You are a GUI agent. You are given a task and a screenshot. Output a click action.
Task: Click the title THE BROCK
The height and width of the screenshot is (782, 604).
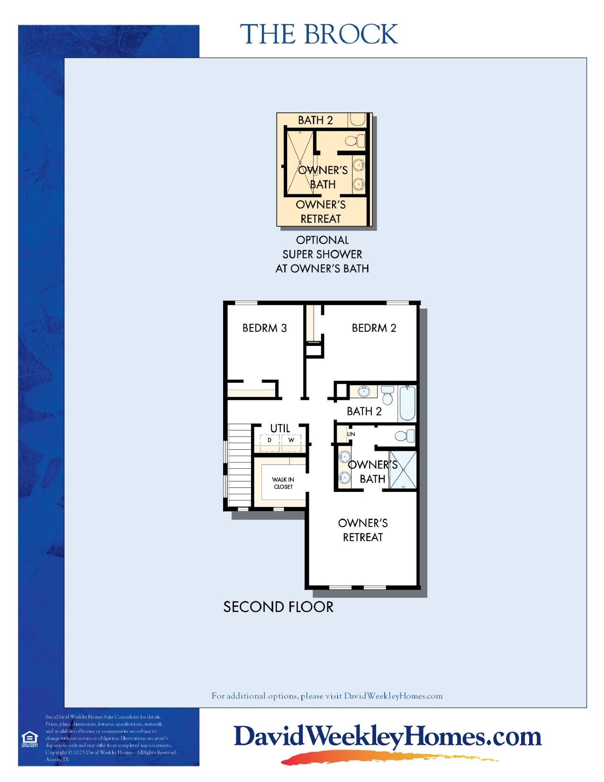pos(319,34)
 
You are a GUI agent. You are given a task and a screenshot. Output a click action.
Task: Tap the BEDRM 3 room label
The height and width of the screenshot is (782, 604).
pos(264,328)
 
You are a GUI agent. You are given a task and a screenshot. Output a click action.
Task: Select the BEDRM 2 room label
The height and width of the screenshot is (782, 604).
pos(374,328)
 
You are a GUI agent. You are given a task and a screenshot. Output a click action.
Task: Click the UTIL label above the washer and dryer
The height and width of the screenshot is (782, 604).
pos(279,428)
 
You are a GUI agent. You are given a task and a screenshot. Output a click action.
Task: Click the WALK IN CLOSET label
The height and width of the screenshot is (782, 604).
pos(283,483)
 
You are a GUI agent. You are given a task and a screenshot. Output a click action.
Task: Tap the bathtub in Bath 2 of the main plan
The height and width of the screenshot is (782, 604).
pos(407,403)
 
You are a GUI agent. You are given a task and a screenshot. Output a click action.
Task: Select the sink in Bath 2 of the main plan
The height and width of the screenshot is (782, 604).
pos(364,392)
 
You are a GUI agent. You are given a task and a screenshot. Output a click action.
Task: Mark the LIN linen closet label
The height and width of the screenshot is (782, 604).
pos(351,434)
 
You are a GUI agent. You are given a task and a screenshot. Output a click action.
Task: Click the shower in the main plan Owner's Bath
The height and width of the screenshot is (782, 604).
pos(403,470)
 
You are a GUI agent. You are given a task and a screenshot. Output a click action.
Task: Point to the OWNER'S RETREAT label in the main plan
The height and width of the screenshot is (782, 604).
pos(363,530)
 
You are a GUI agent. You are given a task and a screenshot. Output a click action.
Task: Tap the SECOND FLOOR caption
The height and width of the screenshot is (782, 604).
pos(278,607)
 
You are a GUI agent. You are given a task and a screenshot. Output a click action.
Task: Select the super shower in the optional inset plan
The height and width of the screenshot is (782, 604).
pos(299,163)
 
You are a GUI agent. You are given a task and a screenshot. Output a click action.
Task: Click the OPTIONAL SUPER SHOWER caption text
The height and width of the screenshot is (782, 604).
pos(322,254)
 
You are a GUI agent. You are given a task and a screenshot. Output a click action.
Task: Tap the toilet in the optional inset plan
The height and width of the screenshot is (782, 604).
pos(355,140)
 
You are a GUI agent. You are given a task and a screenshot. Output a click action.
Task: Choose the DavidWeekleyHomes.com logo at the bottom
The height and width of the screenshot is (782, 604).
pos(388,737)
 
